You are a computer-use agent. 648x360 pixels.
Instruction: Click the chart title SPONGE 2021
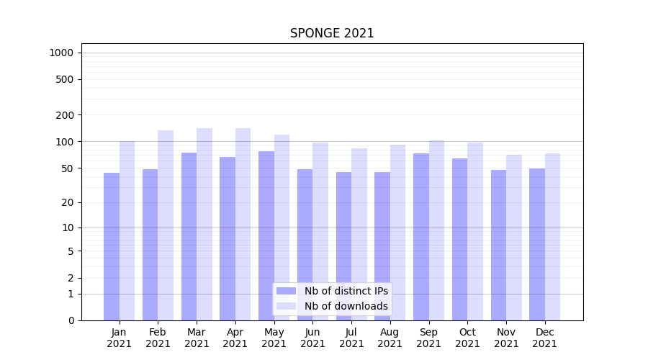pyautogui.click(x=332, y=33)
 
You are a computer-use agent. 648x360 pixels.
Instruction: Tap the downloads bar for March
pyautogui.click(x=204, y=224)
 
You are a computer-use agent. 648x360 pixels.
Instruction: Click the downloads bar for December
pyautogui.click(x=552, y=237)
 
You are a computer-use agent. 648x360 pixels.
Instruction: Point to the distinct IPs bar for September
pyautogui.click(x=421, y=237)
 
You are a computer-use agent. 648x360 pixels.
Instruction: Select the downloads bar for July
pyautogui.click(x=359, y=234)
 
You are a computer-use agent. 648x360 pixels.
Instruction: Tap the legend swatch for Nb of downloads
pyautogui.click(x=286, y=306)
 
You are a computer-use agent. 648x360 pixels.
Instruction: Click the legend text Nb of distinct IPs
pyautogui.click(x=346, y=291)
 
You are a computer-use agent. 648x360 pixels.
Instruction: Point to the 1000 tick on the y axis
pyautogui.click(x=61, y=53)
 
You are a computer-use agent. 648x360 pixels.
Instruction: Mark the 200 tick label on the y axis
pyautogui.click(x=65, y=115)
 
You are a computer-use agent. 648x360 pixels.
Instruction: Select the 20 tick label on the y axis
pyautogui.click(x=68, y=202)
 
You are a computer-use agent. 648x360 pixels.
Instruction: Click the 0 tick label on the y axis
pyautogui.click(x=71, y=320)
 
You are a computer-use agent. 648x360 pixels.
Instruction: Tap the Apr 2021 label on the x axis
pyautogui.click(x=235, y=338)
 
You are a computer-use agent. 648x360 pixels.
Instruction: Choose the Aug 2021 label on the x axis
pyautogui.click(x=390, y=338)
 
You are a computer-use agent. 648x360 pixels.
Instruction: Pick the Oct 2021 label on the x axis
pyautogui.click(x=467, y=338)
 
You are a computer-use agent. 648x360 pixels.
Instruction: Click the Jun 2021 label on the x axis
pyautogui.click(x=312, y=338)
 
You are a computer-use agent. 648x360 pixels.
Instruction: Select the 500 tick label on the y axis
pyautogui.click(x=65, y=79)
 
